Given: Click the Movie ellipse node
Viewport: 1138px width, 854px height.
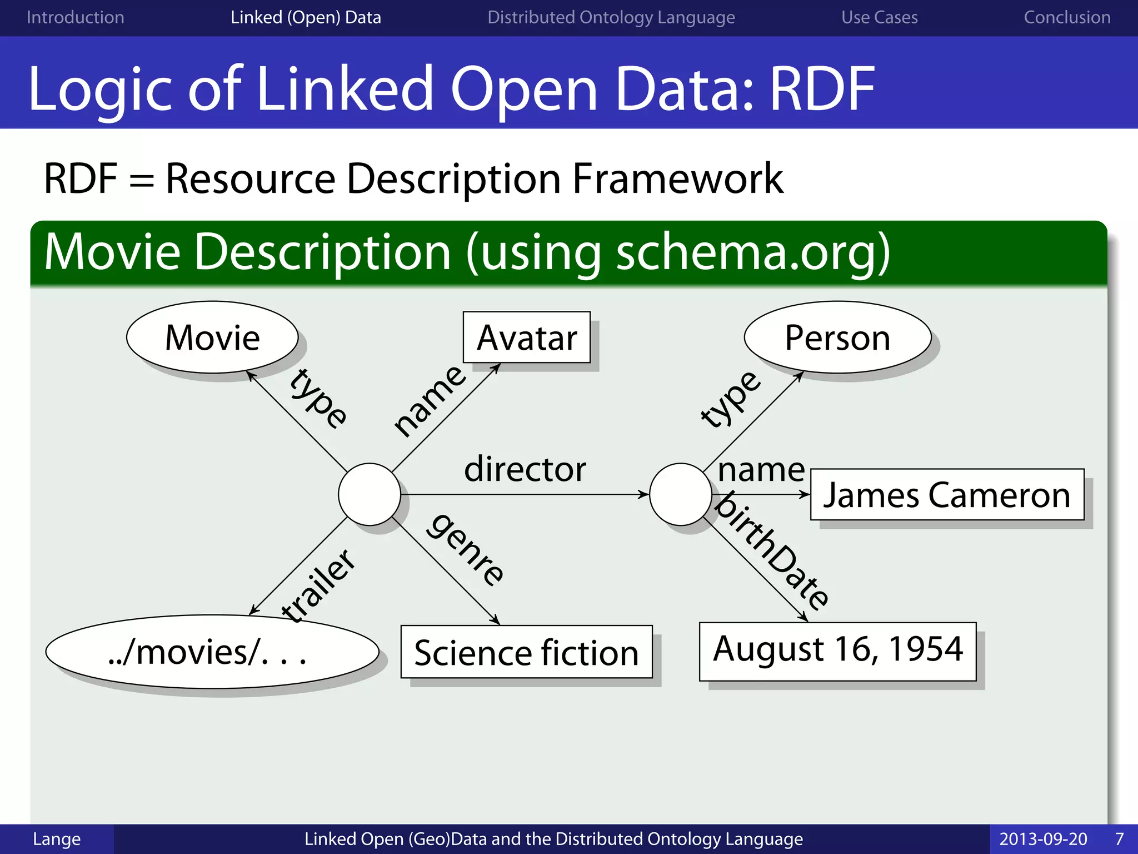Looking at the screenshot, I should click(x=212, y=337).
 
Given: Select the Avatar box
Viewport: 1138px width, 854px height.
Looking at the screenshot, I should click(x=527, y=337).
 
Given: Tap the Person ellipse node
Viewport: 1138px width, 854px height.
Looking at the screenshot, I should click(x=837, y=337).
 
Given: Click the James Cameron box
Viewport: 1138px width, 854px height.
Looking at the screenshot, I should click(x=947, y=495).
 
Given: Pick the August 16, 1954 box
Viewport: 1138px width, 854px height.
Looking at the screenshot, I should click(x=837, y=650).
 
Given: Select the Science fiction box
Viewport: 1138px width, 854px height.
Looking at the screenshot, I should click(x=526, y=652).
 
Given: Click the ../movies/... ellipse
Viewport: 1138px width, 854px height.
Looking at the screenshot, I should click(x=212, y=652).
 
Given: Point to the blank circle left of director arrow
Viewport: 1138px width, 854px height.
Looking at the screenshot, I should click(x=370, y=494).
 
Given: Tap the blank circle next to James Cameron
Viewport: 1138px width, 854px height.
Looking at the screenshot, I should click(x=681, y=494).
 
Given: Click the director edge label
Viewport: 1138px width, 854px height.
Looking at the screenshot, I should click(x=525, y=469).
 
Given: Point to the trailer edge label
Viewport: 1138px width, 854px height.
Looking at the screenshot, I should click(x=318, y=585).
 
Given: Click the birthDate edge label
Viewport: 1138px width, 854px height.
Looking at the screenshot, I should click(x=773, y=551).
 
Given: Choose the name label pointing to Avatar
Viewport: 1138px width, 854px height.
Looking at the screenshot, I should click(x=430, y=400).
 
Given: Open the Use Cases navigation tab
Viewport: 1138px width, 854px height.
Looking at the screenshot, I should click(x=879, y=18).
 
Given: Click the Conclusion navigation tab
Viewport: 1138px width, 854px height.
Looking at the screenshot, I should click(x=1067, y=18).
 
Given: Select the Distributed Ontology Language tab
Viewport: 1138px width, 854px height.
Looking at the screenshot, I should click(x=611, y=18).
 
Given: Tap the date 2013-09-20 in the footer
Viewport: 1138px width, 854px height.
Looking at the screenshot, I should click(x=1043, y=839).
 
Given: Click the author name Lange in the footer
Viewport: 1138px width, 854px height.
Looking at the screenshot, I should click(x=57, y=839).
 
